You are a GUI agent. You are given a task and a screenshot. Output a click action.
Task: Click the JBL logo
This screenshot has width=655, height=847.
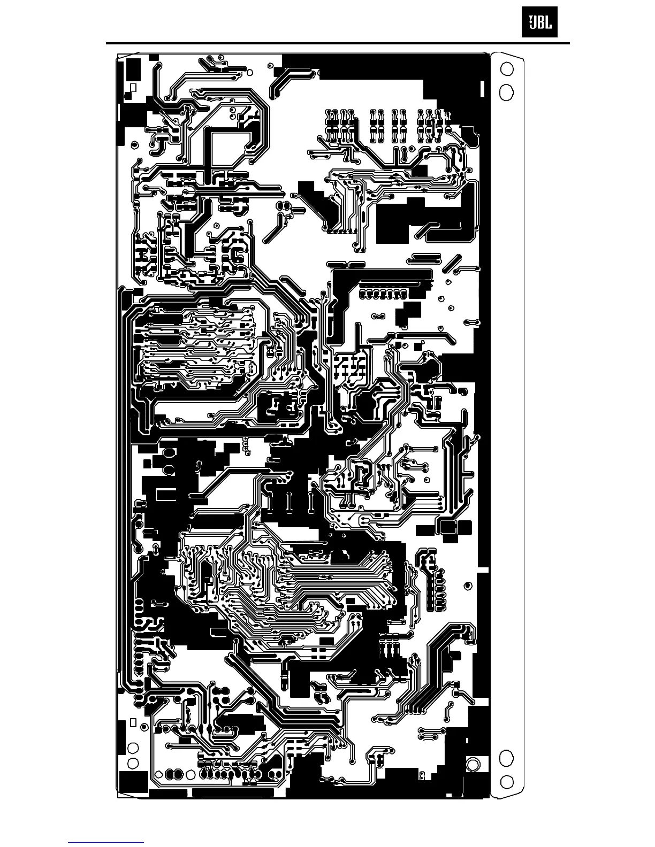539,25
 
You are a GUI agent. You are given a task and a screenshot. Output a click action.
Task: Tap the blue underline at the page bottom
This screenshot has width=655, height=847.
106,842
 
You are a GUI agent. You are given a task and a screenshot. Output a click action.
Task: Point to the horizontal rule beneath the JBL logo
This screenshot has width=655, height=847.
337,43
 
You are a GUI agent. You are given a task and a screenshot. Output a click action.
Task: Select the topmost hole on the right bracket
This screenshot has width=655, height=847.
506,69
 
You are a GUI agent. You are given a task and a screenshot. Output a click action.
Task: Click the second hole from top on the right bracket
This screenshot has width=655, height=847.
506,92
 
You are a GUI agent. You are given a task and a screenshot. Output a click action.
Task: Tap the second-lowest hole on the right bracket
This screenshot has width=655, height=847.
506,758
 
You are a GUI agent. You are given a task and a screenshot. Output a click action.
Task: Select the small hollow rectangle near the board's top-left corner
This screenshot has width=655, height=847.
133,87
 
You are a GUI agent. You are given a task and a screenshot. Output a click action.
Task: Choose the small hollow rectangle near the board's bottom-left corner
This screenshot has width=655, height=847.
132,723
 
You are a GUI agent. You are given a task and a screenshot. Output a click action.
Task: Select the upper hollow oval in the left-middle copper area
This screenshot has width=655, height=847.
169,452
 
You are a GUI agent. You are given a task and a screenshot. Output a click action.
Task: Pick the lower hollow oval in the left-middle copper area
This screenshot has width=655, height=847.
169,470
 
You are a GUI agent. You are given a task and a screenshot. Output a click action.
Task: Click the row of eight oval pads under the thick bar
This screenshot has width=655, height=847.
383,294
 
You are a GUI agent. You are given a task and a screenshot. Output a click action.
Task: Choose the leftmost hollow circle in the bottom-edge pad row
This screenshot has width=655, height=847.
159,774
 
